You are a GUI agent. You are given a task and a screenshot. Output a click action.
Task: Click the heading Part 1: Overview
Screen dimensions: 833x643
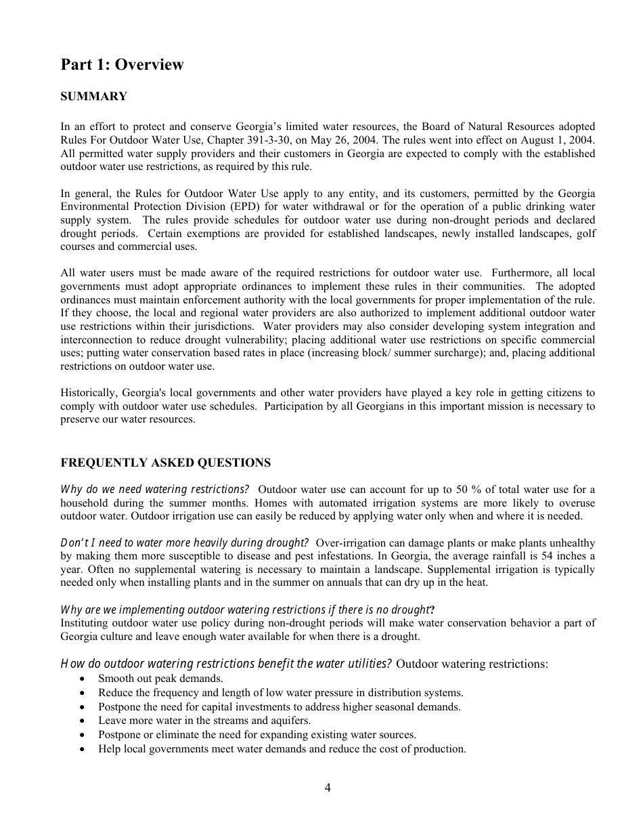click(x=122, y=65)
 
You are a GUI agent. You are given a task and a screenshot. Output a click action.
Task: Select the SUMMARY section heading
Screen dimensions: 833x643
click(x=93, y=97)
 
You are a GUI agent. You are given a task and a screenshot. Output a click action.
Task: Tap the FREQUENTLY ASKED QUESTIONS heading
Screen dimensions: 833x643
click(x=165, y=463)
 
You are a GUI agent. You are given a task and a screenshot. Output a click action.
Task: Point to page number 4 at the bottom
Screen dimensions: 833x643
click(x=328, y=787)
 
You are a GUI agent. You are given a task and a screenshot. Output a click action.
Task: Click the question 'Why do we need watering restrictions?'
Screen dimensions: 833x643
click(x=155, y=490)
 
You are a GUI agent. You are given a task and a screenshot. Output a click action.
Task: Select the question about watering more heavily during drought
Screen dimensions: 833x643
click(x=185, y=543)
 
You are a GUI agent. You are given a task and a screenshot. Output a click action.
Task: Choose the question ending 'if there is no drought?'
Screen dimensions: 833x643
click(x=247, y=610)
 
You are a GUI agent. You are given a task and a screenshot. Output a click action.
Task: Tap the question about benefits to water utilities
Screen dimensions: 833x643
click(x=226, y=664)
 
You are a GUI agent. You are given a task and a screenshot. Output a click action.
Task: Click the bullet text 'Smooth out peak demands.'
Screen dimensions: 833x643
click(x=160, y=678)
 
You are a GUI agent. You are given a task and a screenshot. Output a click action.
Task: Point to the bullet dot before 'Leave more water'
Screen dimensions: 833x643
click(x=82, y=721)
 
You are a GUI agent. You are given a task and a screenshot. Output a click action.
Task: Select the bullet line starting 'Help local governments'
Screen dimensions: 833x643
click(x=282, y=749)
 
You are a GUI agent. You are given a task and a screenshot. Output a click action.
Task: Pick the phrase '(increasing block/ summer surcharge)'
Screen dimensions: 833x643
click(x=395, y=353)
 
